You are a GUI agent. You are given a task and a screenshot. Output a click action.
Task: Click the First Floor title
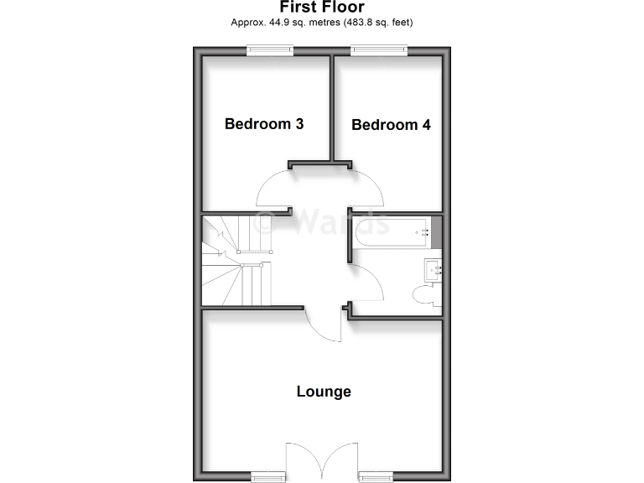click(322, 8)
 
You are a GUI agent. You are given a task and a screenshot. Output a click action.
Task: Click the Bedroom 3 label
click(263, 124)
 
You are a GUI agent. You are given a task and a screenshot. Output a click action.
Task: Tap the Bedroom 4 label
click(391, 125)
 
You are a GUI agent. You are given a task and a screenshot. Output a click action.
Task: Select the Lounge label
click(324, 392)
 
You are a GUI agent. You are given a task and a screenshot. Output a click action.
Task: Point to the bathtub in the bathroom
click(392, 231)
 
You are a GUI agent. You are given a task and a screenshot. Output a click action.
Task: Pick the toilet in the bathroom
click(425, 295)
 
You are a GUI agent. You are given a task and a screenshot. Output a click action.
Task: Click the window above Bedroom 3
click(270, 51)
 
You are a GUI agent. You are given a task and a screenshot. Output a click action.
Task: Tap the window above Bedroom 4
click(378, 51)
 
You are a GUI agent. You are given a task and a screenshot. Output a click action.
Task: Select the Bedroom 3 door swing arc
click(271, 189)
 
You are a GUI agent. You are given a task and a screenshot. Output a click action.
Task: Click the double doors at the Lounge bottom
click(323, 461)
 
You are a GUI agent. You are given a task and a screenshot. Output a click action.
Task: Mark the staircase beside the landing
click(236, 260)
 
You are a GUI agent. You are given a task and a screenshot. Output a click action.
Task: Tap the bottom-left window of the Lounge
click(269, 476)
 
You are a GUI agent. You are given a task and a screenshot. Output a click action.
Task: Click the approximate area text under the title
click(322, 23)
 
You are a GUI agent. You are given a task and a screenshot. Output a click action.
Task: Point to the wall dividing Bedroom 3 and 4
click(331, 109)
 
